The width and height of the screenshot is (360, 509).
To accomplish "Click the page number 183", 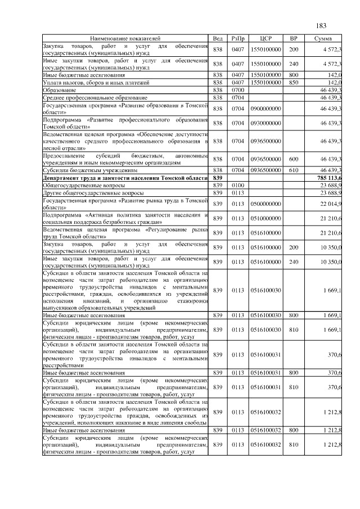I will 321,25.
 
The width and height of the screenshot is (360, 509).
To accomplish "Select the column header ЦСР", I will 267,38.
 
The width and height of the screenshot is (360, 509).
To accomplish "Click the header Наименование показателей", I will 125,38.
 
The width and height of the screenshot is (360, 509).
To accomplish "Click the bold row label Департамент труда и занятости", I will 125,178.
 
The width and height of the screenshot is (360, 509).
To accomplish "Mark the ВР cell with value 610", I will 293,170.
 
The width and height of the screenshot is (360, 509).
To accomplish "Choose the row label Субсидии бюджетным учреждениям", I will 91,170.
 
